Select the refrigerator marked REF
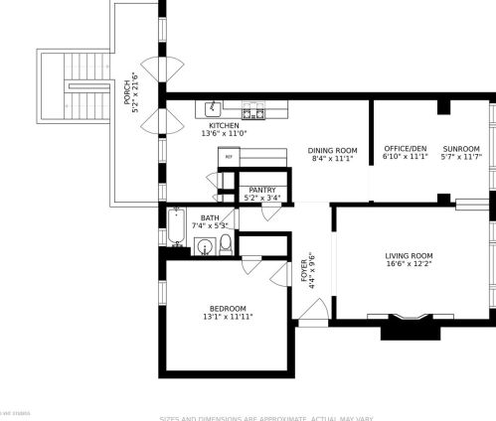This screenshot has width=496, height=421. coord(229,157)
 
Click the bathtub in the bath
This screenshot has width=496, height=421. coord(177,227)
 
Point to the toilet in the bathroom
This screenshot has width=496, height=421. coord(226,243)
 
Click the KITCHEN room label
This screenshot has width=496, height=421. coord(224,125)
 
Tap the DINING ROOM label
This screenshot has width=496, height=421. coord(333,150)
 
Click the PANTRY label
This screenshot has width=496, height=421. coord(262,190)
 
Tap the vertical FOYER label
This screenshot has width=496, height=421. coord(304,269)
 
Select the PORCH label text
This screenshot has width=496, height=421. coord(127,93)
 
